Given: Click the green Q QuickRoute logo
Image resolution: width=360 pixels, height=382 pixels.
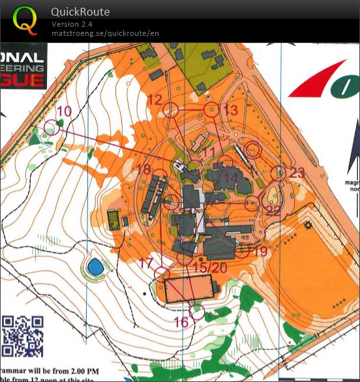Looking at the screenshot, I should coord(25,20).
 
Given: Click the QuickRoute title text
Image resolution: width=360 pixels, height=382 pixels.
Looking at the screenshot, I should coord(80,12).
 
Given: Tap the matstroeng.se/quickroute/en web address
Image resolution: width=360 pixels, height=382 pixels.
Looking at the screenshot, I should coord(105,33).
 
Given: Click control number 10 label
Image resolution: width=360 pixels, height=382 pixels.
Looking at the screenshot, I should coord(64,111).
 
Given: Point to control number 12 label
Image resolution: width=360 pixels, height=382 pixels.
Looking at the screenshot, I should coord(155,100).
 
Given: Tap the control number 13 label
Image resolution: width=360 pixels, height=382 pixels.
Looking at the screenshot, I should coord(231,111).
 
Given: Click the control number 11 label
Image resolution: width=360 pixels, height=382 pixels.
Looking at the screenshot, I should coord(209,152).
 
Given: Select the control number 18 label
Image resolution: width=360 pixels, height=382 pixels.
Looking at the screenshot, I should coord(143,169).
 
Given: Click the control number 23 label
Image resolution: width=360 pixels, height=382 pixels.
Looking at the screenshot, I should coord(297,173).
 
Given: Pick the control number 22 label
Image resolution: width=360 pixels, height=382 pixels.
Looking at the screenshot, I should coord(273,210).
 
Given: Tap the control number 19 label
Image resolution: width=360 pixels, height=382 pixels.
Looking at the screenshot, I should coord(260,252).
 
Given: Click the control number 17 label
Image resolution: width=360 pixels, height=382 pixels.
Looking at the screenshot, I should coord(146,264).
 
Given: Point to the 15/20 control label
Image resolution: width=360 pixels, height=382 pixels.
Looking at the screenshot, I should coord(210,268).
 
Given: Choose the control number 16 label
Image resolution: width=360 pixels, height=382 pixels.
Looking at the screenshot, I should coord(181,322).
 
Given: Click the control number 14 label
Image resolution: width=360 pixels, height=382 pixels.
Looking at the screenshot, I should coord(230,178).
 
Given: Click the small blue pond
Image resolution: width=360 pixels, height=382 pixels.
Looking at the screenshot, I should coord(95,266).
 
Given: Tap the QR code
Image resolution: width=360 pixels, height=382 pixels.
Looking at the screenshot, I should coord(22,336).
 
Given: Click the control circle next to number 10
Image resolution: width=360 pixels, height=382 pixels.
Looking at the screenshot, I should coord(52,127).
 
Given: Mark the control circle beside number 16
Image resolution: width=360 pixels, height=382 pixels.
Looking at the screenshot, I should coord(198,312).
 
